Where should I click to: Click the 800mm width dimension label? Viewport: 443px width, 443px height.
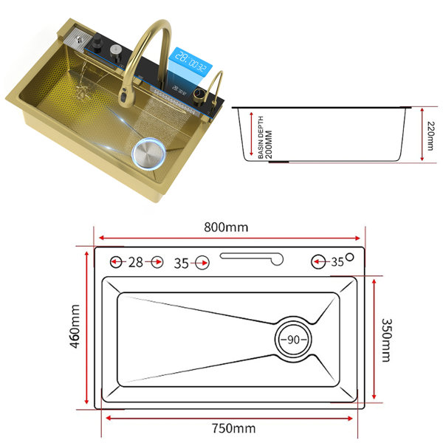coord(226,227)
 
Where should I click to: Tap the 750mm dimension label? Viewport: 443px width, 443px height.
coord(233,428)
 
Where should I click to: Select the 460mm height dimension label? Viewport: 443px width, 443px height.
coord(75,326)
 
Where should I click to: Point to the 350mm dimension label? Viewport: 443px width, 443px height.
coord(386,340)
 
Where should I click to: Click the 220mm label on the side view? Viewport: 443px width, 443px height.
coord(430,136)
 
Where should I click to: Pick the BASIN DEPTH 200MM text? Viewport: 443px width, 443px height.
coord(265,137)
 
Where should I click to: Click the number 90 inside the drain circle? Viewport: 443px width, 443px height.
coord(293,340)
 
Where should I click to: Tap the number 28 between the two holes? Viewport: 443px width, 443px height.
coord(136,262)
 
